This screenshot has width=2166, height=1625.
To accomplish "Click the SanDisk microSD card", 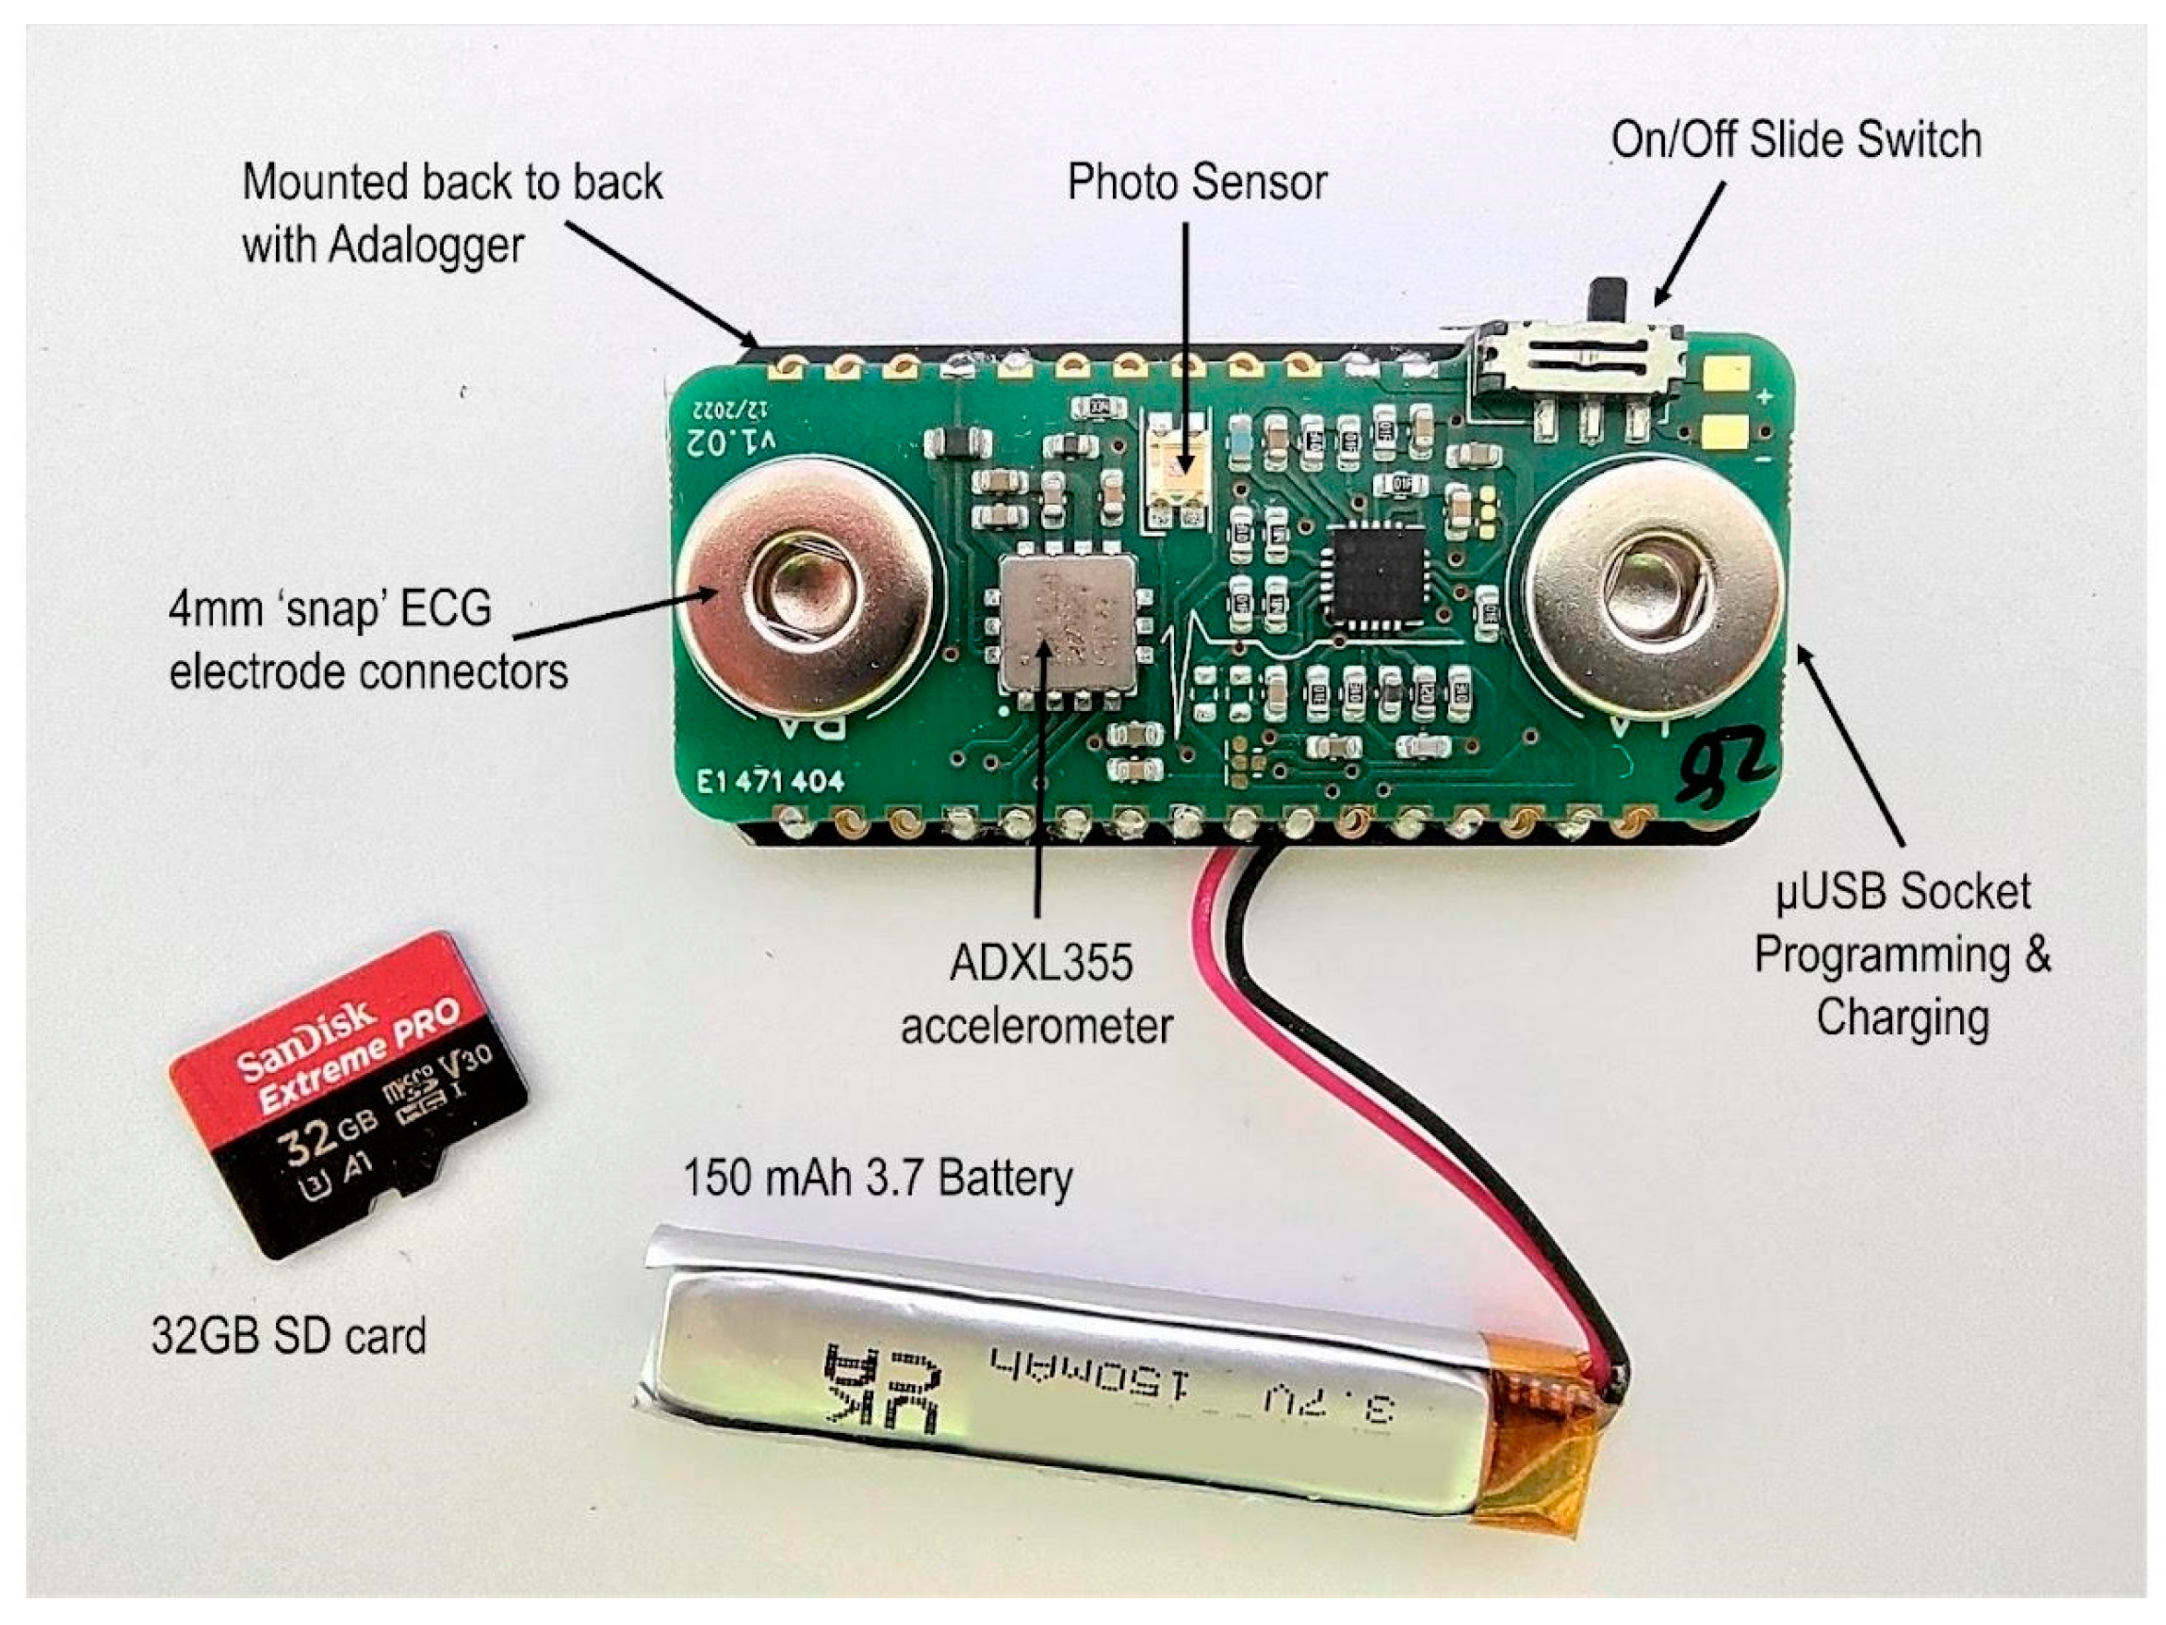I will tap(348, 1092).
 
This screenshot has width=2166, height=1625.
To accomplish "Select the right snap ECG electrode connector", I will tap(1655, 588).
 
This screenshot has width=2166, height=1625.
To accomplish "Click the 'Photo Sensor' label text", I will tap(1196, 182).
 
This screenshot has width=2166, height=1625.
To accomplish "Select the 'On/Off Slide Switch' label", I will tap(1796, 140).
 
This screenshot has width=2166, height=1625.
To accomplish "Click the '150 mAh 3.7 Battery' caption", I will tap(878, 1177).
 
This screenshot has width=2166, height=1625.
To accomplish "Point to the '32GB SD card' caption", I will tap(289, 1336).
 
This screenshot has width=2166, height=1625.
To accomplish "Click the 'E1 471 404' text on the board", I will tap(770, 781).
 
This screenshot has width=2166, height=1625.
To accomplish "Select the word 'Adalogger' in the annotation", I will tap(426, 245).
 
